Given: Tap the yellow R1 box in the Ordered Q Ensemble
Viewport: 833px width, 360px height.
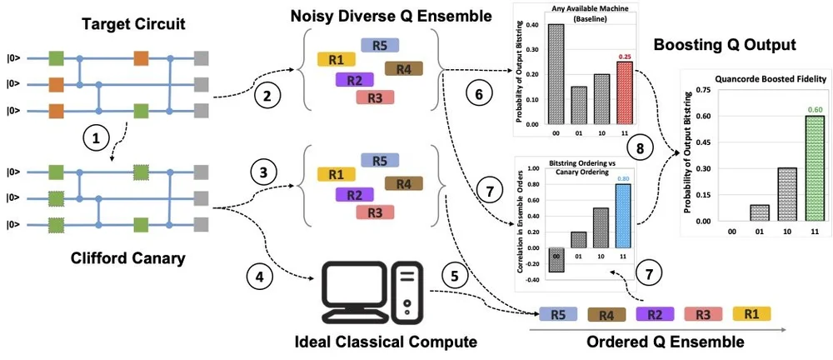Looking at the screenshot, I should [752, 313].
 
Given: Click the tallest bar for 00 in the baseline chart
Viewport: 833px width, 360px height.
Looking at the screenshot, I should [532, 71].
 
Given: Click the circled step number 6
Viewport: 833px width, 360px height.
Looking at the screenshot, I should [477, 95].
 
